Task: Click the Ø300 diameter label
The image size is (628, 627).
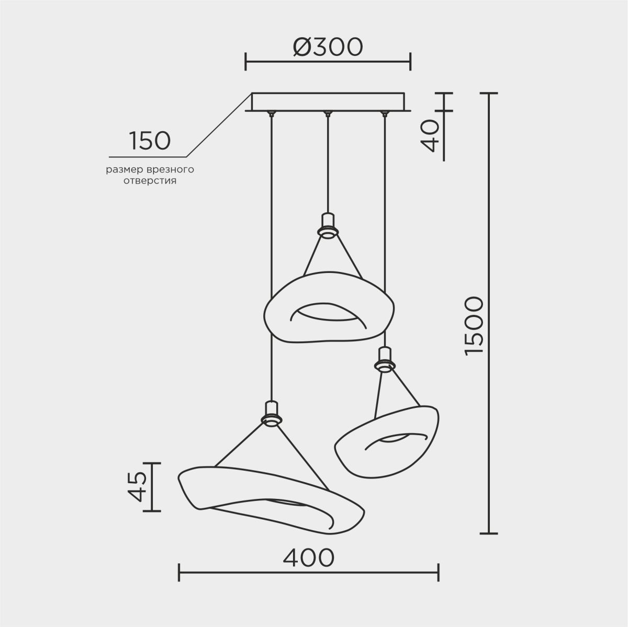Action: pyautogui.click(x=328, y=47)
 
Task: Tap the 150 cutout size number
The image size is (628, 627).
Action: pyautogui.click(x=150, y=141)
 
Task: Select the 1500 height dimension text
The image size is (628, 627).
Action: pyautogui.click(x=474, y=326)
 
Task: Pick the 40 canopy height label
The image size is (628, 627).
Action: pyautogui.click(x=430, y=135)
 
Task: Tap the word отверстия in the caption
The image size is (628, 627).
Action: pyautogui.click(x=150, y=181)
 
